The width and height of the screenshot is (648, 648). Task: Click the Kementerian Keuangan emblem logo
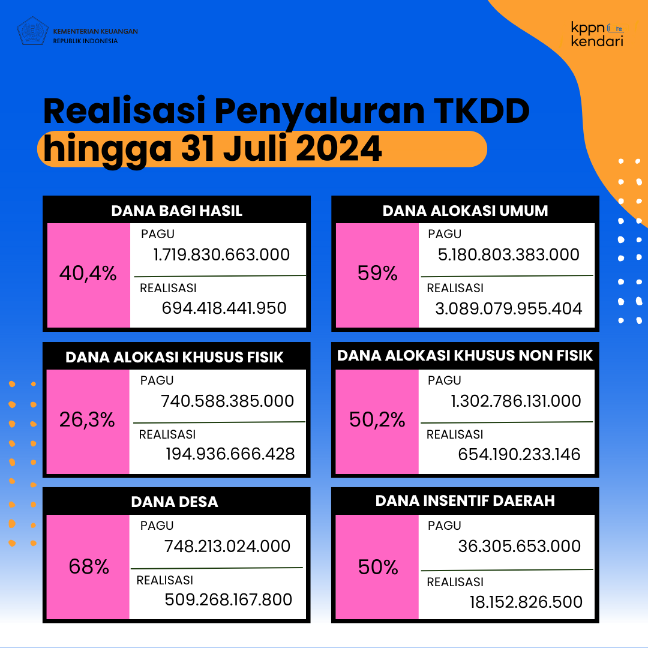[32, 31]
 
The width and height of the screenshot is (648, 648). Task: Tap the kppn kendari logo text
[597, 34]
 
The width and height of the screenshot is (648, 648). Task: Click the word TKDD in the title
[481, 111]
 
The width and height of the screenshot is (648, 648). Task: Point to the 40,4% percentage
[88, 273]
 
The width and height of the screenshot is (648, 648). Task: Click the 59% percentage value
[377, 273]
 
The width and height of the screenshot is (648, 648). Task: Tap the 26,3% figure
[87, 419]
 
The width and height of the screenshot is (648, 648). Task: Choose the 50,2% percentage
[377, 419]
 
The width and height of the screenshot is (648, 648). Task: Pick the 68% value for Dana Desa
[89, 566]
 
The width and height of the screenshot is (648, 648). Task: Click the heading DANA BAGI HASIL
[176, 211]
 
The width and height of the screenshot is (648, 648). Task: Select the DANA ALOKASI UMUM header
[465, 211]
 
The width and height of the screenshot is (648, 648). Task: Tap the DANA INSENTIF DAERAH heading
[465, 500]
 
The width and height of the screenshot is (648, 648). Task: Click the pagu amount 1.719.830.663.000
[221, 254]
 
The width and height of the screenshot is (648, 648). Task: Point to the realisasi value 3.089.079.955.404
[508, 308]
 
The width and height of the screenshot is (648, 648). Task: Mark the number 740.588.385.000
[227, 401]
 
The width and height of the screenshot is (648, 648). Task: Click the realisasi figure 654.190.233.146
[519, 454]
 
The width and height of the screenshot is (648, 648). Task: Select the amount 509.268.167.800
[228, 599]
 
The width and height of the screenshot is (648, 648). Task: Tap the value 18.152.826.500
[526, 602]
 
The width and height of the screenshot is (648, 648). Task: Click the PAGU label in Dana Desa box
[157, 525]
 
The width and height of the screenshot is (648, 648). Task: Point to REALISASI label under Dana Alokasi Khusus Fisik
[167, 434]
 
